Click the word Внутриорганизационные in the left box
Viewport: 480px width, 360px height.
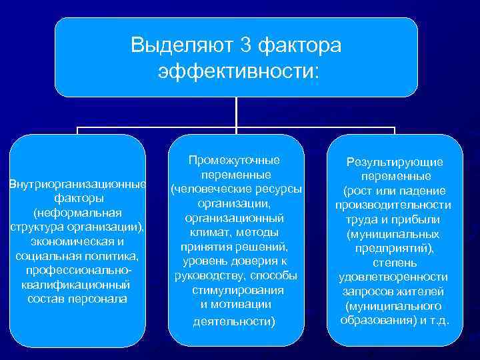pyautogui.click(x=77, y=184)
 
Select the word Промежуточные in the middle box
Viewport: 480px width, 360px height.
pyautogui.click(x=234, y=161)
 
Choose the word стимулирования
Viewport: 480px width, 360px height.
pyautogui.click(x=237, y=290)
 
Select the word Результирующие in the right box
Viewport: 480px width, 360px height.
pyautogui.click(x=394, y=162)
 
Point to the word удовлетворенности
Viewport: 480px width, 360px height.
pyautogui.click(x=393, y=277)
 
